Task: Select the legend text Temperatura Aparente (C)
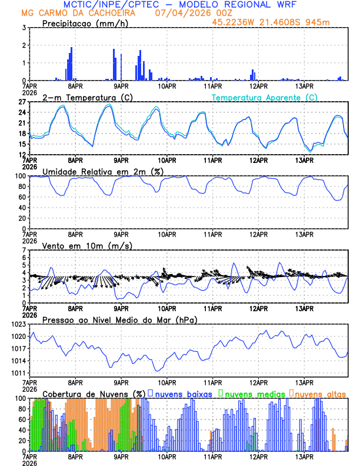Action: (x=264, y=98)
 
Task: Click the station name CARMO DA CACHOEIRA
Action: (x=88, y=13)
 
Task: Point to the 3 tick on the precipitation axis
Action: (x=24, y=28)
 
